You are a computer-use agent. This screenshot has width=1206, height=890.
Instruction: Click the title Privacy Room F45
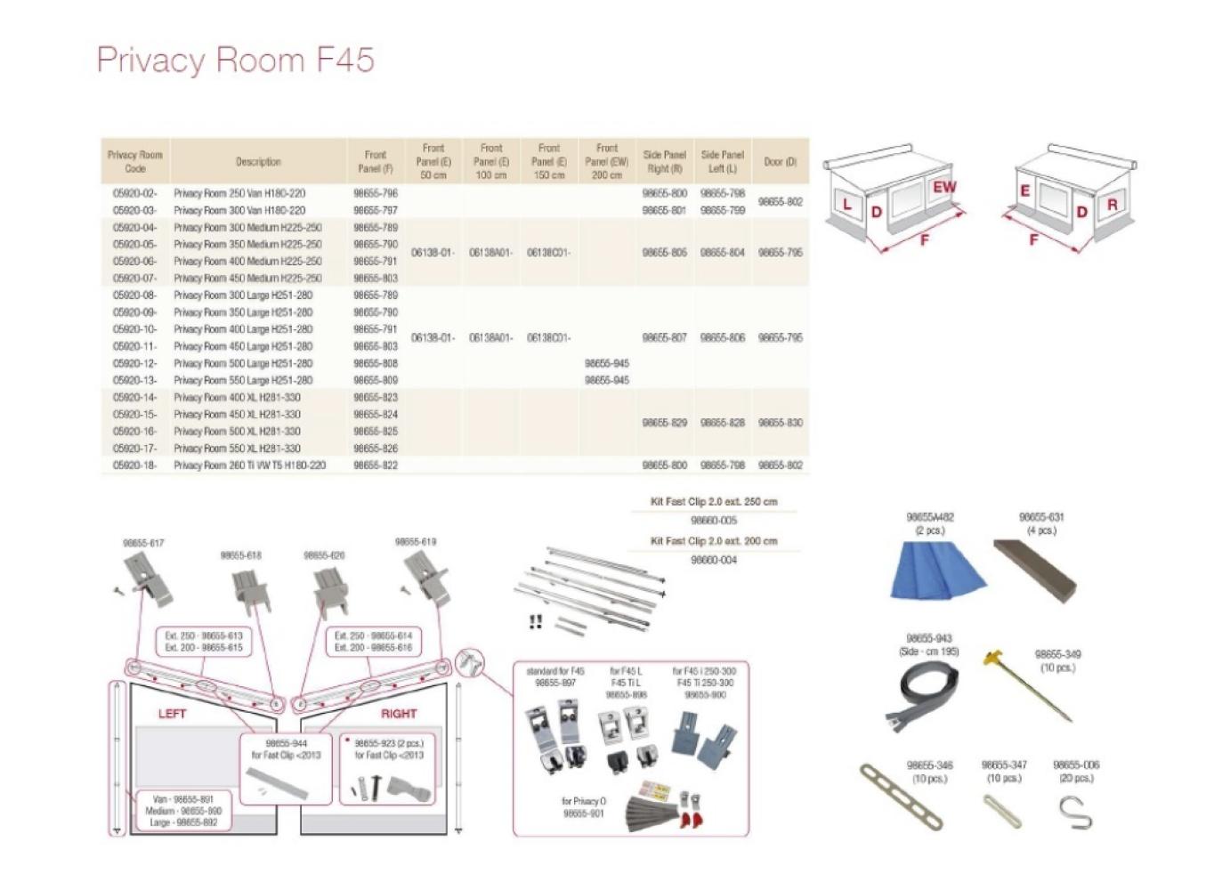point(235,60)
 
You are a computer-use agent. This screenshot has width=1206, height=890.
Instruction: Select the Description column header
point(258,162)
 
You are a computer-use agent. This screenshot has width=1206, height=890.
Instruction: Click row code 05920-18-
point(134,465)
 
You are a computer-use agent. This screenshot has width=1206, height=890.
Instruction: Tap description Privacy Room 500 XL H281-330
point(237,432)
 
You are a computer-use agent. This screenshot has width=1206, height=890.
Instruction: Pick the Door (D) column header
point(780,162)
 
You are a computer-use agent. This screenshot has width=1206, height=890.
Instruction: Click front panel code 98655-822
point(375,465)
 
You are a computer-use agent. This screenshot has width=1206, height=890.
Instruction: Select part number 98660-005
point(713,521)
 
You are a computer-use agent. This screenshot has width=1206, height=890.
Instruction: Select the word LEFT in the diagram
point(173,714)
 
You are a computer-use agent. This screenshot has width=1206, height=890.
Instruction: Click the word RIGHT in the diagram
point(398,714)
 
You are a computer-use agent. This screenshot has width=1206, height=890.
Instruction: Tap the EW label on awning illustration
point(943,187)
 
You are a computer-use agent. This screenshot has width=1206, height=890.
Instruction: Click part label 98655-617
point(142,543)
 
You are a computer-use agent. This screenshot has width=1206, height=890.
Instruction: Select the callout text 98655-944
point(286,743)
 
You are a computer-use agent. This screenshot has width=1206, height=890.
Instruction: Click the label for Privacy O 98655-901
point(583,807)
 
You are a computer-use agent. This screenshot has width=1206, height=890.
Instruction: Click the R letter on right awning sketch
point(1112,205)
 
